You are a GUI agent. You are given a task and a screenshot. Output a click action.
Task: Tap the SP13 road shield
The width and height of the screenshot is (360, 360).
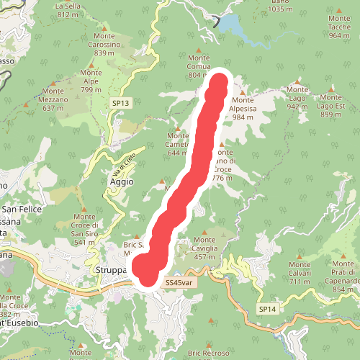coord(120,104)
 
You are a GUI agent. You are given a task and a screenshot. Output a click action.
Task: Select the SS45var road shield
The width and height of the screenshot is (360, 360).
coord(179,283)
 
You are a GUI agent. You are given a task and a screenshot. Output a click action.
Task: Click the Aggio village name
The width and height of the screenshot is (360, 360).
coord(121,182)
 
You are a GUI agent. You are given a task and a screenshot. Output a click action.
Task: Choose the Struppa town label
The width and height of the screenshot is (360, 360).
coord(111,270)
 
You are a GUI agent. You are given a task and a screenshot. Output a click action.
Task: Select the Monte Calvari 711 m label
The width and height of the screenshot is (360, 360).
coord(300,272)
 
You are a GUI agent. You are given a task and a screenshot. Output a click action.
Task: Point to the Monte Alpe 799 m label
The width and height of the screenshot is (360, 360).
coord(91,81)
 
